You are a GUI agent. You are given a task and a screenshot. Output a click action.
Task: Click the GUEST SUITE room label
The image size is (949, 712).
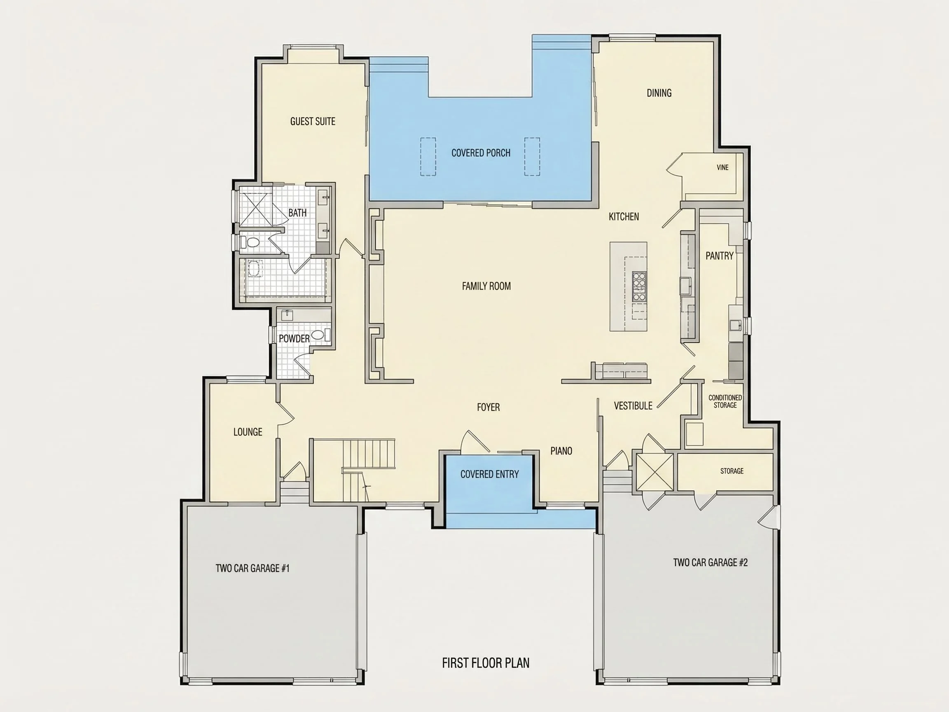[313, 122]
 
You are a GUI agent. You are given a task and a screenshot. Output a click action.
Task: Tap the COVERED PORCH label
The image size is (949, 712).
[481, 153]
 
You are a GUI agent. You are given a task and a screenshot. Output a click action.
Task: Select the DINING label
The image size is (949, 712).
[659, 93]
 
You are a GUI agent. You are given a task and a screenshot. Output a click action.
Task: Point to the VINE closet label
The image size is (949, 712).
[722, 167]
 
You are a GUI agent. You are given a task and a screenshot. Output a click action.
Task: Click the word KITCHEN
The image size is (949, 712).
[624, 217]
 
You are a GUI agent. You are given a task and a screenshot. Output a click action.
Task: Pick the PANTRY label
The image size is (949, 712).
[720, 256]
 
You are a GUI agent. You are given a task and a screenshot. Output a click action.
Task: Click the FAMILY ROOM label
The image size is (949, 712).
[486, 286]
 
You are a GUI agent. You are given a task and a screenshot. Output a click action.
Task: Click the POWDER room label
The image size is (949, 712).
[295, 339]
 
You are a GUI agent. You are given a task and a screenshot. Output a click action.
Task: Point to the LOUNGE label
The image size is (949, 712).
[248, 432]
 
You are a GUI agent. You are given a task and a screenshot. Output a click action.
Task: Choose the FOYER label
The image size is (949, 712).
[488, 407]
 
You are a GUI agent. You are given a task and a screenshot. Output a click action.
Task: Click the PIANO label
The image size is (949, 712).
[561, 451]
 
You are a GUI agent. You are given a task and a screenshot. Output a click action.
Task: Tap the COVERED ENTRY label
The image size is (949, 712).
[489, 474]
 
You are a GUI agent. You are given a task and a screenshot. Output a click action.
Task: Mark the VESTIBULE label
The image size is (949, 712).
[633, 405]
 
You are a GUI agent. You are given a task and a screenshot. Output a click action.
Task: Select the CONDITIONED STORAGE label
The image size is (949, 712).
[725, 401]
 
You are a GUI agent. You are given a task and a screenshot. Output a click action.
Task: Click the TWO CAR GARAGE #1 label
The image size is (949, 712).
[252, 568]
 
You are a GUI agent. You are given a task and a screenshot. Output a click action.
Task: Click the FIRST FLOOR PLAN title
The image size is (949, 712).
[486, 663]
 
